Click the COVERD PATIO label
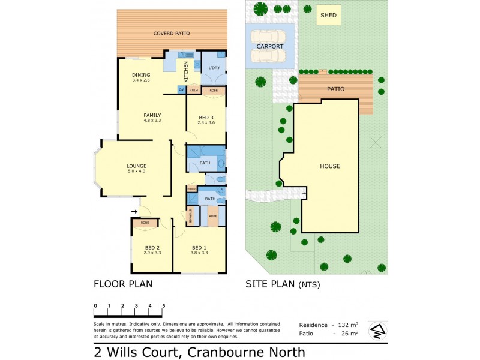(x=172, y=34)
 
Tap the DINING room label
(x=141, y=75)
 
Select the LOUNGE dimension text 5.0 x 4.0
(x=136, y=172)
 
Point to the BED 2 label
(x=152, y=248)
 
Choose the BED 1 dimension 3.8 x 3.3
(x=199, y=253)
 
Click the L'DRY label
(x=214, y=68)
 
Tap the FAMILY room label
(x=152, y=115)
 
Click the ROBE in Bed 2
(x=145, y=223)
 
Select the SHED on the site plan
(x=328, y=16)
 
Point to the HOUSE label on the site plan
(x=329, y=166)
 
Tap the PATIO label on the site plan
(x=335, y=89)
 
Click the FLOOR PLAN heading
(x=123, y=284)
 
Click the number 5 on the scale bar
(x=163, y=306)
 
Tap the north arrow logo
(x=377, y=329)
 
